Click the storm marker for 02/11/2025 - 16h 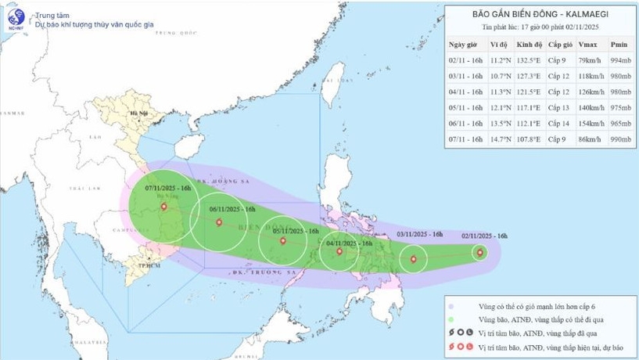[x=480, y=251]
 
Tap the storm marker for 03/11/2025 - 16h [x=414, y=259]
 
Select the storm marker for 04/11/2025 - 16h [x=339, y=252]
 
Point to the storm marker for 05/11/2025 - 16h [x=282, y=241]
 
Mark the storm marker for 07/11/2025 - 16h [x=163, y=207]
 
